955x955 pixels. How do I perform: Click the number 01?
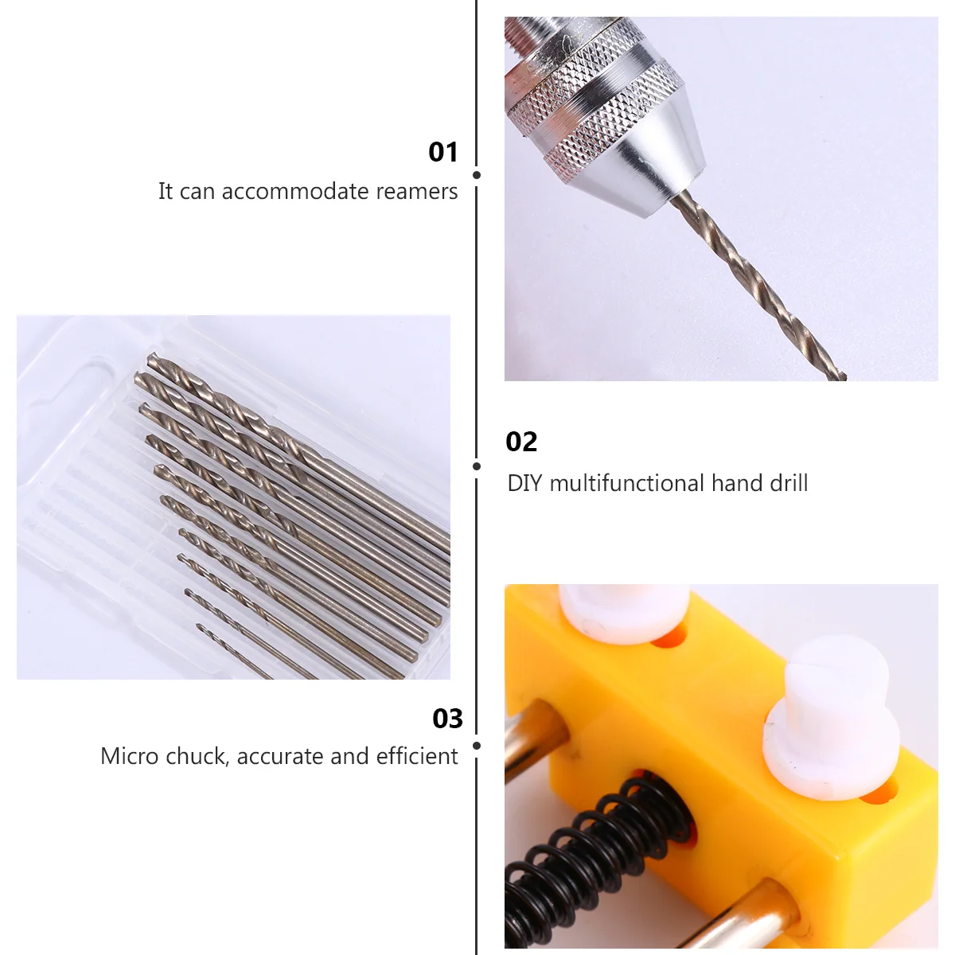coord(443,152)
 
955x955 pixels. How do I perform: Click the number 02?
coord(521,442)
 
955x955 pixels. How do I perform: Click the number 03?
coord(447,719)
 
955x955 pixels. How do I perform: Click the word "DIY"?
coord(524,483)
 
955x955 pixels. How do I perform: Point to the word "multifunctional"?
coord(627,483)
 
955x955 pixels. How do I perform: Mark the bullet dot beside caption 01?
coord(477,175)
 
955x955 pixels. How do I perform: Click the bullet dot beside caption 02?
coord(477,466)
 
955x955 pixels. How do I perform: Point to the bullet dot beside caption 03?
coord(477,746)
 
